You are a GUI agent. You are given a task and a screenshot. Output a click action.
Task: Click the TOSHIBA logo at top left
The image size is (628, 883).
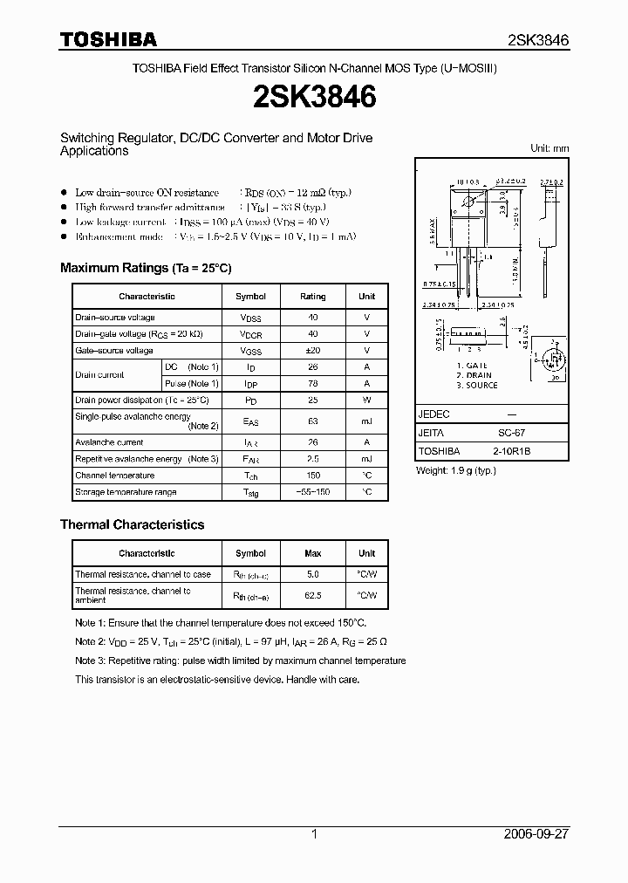pyautogui.click(x=108, y=39)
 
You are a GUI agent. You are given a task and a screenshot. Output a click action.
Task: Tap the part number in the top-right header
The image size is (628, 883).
pyautogui.click(x=538, y=40)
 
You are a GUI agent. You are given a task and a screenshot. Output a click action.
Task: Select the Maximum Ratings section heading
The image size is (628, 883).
pyautogui.click(x=146, y=268)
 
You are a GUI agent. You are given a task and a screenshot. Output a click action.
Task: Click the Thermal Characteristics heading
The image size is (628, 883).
pyautogui.click(x=132, y=524)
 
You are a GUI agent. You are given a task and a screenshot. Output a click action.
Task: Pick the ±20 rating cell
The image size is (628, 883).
pyautogui.click(x=313, y=351)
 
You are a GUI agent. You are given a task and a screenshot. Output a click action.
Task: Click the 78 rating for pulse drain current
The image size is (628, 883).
pyautogui.click(x=313, y=384)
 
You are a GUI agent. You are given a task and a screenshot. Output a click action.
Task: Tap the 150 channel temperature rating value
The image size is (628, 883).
pyautogui.click(x=313, y=476)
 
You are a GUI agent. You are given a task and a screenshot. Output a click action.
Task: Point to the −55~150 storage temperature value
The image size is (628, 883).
pyautogui.click(x=313, y=492)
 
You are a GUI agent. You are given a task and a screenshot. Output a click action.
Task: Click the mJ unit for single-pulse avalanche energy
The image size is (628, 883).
pyautogui.click(x=366, y=421)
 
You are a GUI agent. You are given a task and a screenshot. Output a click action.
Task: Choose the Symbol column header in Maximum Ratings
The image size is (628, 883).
pyautogui.click(x=251, y=297)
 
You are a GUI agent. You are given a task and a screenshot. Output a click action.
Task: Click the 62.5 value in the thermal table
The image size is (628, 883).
pyautogui.click(x=313, y=595)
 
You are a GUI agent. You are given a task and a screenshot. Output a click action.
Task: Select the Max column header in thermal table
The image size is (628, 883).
pyautogui.click(x=313, y=553)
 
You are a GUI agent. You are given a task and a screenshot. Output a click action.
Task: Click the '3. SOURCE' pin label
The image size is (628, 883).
pyautogui.click(x=477, y=386)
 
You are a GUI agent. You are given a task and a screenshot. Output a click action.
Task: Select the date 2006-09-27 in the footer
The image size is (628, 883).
pyautogui.click(x=536, y=834)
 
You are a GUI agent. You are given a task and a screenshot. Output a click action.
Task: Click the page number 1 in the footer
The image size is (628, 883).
pyautogui.click(x=314, y=834)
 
